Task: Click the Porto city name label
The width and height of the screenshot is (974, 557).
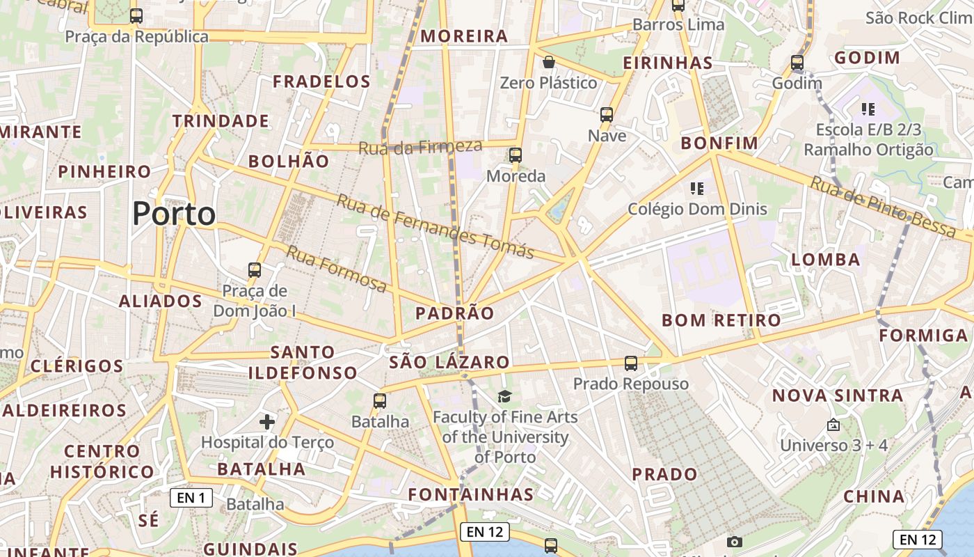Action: coord(174,214)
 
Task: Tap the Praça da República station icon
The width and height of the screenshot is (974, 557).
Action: coord(136,15)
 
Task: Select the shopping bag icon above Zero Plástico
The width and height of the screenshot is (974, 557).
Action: coord(549,63)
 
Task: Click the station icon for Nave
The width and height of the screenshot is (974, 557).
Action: coord(607,115)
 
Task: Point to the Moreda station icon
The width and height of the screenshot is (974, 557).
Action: coord(516,155)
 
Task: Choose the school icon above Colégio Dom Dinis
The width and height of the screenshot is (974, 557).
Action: coord(697,188)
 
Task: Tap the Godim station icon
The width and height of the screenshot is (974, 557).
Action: coord(797,63)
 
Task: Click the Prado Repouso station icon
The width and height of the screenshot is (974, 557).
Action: coord(631,363)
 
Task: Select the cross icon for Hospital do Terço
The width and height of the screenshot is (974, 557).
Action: coord(267,421)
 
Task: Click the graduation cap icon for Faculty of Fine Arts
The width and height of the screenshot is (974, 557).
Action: coord(504,396)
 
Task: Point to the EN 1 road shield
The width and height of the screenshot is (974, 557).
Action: coord(191,498)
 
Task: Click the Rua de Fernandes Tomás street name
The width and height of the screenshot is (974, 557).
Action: coord(436,226)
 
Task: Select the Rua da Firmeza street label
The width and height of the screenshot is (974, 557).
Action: coord(420,147)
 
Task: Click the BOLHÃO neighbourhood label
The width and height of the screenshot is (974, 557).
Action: coord(289,162)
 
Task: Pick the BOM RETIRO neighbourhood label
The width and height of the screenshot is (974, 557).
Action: coord(721,320)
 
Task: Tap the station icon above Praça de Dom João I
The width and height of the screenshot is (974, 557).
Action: coord(255,270)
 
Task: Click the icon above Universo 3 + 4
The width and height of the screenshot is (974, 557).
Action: coord(833,424)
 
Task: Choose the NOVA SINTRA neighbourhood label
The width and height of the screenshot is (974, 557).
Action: coord(838,395)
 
